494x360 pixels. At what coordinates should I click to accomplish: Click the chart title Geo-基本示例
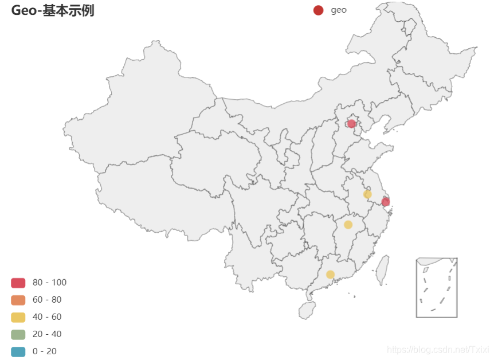click(x=53, y=10)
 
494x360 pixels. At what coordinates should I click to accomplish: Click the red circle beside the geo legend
click(x=318, y=10)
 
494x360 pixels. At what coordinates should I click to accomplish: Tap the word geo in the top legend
click(x=338, y=10)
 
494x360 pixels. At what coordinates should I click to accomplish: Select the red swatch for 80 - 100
click(x=18, y=283)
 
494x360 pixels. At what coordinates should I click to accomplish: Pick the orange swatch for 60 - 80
click(x=18, y=300)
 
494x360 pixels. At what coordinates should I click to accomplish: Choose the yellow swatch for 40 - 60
click(x=18, y=317)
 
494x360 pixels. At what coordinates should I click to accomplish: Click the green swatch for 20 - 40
click(x=18, y=334)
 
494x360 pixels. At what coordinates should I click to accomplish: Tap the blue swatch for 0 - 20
click(x=18, y=351)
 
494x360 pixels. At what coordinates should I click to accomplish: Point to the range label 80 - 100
click(x=49, y=283)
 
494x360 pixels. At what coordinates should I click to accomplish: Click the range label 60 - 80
click(x=47, y=300)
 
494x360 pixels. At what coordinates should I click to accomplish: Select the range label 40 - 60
click(x=47, y=317)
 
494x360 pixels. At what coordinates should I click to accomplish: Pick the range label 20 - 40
click(x=47, y=334)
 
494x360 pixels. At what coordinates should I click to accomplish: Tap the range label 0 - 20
click(x=45, y=351)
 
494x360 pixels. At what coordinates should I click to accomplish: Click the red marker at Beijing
click(x=351, y=124)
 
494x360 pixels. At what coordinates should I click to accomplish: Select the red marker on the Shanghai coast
click(x=386, y=202)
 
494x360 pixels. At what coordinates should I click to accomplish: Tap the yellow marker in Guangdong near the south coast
click(x=330, y=275)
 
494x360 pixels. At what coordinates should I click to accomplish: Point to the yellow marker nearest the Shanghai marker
click(x=367, y=194)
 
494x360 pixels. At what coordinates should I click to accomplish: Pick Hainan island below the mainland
click(x=307, y=310)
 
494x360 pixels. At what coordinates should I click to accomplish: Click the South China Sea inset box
click(x=437, y=288)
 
